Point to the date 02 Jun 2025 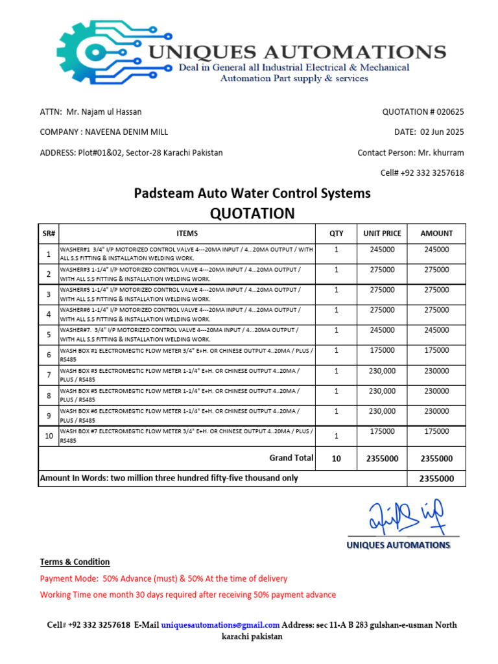click(x=442, y=132)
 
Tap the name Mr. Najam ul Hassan click(x=103, y=112)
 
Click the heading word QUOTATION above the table click(x=252, y=213)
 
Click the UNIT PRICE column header click(x=382, y=233)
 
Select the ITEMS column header click(x=187, y=233)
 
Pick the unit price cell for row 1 click(x=382, y=250)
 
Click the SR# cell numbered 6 click(x=49, y=355)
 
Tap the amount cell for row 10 click(x=436, y=431)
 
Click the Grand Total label click(x=291, y=458)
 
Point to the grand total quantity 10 click(x=336, y=458)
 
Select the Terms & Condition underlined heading click(x=75, y=562)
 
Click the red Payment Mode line click(x=163, y=578)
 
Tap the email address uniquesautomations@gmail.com click(x=220, y=625)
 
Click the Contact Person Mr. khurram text click(x=410, y=153)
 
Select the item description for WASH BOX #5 click(x=180, y=395)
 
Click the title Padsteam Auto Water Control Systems click(x=252, y=193)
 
